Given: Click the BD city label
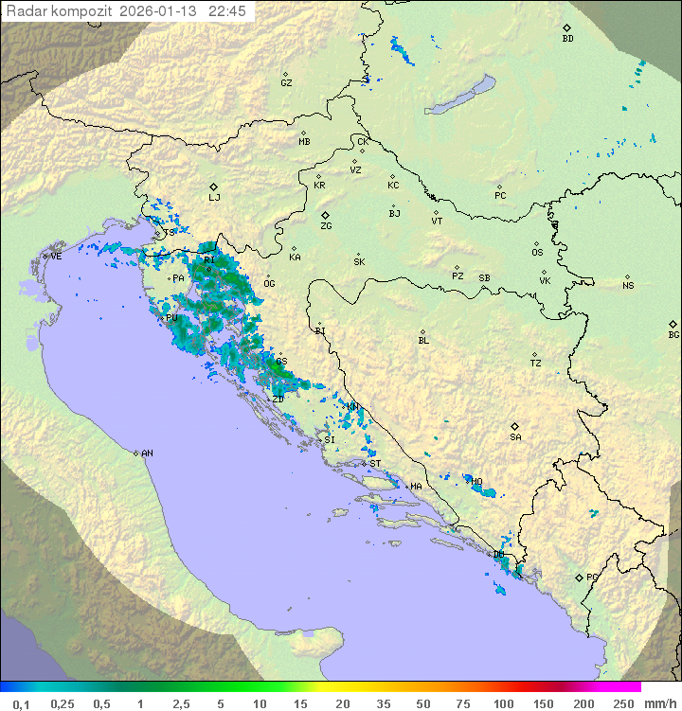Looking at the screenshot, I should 567,39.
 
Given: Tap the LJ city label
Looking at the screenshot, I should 214,198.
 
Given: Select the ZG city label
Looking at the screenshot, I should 326,226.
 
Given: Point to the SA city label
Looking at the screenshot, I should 515,437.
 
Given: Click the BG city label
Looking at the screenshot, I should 673,335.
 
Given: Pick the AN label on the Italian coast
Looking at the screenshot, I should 147,453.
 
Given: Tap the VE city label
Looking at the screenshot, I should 56,257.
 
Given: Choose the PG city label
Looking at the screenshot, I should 592,577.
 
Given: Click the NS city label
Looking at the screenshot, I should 628,286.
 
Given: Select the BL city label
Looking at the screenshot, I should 423,341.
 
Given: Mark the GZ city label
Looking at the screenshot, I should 286,83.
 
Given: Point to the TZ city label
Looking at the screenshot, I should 536,364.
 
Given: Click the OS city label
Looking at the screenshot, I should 537,253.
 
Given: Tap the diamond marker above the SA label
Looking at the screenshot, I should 515,426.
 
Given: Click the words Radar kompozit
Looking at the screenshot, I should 61,11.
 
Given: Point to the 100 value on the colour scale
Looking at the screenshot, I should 503,703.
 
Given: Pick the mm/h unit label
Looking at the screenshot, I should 659,703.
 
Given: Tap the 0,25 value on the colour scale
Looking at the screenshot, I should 63,703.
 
